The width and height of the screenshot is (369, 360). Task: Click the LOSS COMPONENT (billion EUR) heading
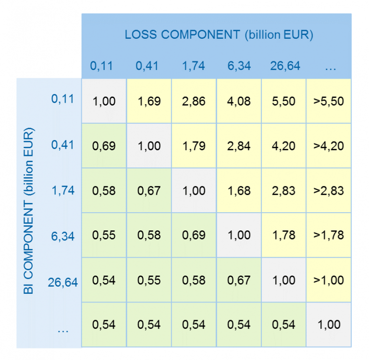[219, 35]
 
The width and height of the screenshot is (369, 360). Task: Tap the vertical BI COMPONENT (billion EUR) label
[29, 212]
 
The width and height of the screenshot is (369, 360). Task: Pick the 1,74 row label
[63, 190]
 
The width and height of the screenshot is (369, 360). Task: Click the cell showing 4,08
[239, 101]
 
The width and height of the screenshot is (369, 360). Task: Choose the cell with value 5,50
[283, 101]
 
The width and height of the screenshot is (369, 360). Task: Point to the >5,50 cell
[329, 101]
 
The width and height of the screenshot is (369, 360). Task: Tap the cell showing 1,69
[149, 101]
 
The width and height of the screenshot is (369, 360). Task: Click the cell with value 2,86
[194, 101]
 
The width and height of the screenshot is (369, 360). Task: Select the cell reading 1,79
[194, 146]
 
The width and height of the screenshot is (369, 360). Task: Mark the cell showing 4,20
[283, 146]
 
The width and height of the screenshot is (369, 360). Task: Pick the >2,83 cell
[329, 191]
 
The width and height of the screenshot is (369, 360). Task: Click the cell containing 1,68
[239, 191]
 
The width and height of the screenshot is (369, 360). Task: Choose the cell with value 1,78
[283, 235]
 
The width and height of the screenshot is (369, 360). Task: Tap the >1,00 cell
[329, 280]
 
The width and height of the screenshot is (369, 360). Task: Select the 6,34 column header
[239, 66]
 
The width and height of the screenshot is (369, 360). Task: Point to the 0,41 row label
[63, 144]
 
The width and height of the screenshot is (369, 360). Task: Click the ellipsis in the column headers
[330, 67]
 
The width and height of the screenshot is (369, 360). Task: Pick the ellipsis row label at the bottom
[63, 330]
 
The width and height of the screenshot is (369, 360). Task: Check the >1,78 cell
[329, 235]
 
